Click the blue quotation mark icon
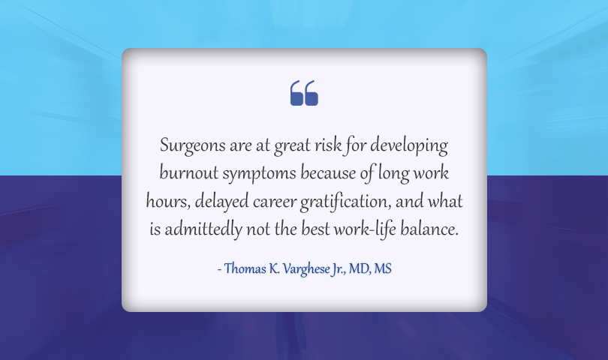pyautogui.click(x=304, y=93)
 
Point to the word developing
pyautogui.click(x=409, y=146)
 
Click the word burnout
pyautogui.click(x=189, y=172)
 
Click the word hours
pyautogui.click(x=168, y=202)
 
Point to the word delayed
pyautogui.click(x=221, y=202)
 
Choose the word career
pyautogui.click(x=275, y=202)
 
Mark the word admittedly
pyautogui.click(x=203, y=229)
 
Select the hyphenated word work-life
pyautogui.click(x=366, y=229)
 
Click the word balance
pyautogui.click(x=429, y=229)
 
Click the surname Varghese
pyautogui.click(x=306, y=269)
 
